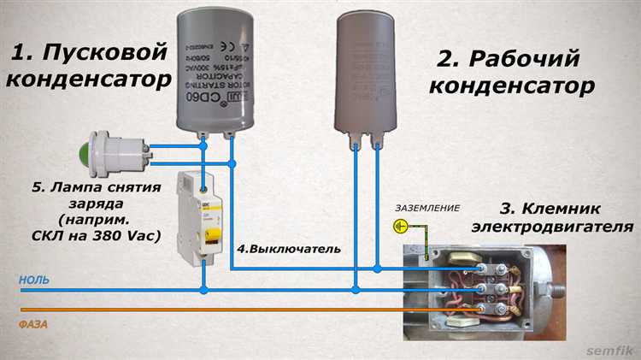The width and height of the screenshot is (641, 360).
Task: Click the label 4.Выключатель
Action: (x=289, y=249)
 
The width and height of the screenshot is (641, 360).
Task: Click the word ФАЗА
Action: (x=33, y=324)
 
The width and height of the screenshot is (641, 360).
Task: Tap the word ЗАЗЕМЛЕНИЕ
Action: (x=426, y=208)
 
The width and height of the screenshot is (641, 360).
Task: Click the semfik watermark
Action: (x=608, y=350)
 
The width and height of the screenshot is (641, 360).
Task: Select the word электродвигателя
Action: (x=556, y=228)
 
